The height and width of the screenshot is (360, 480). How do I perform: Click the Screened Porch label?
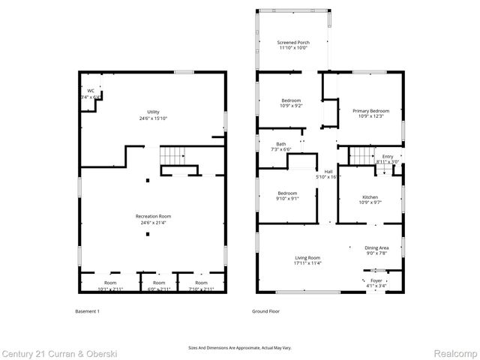[x=293, y=43]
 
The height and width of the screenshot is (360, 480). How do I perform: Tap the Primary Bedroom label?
[x=370, y=111]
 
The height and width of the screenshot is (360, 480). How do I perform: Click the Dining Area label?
[x=376, y=248]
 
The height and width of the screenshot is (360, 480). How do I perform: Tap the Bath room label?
[x=280, y=144]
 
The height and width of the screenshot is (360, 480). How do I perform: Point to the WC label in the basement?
[x=91, y=91]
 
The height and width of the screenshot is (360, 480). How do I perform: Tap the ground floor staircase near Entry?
[x=363, y=155]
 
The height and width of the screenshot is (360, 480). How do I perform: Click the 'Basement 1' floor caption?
[x=88, y=311]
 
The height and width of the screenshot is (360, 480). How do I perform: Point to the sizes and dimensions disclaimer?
[x=240, y=347]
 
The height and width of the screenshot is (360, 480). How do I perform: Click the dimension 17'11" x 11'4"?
[x=307, y=263]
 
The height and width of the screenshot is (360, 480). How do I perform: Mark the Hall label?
[x=328, y=171]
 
